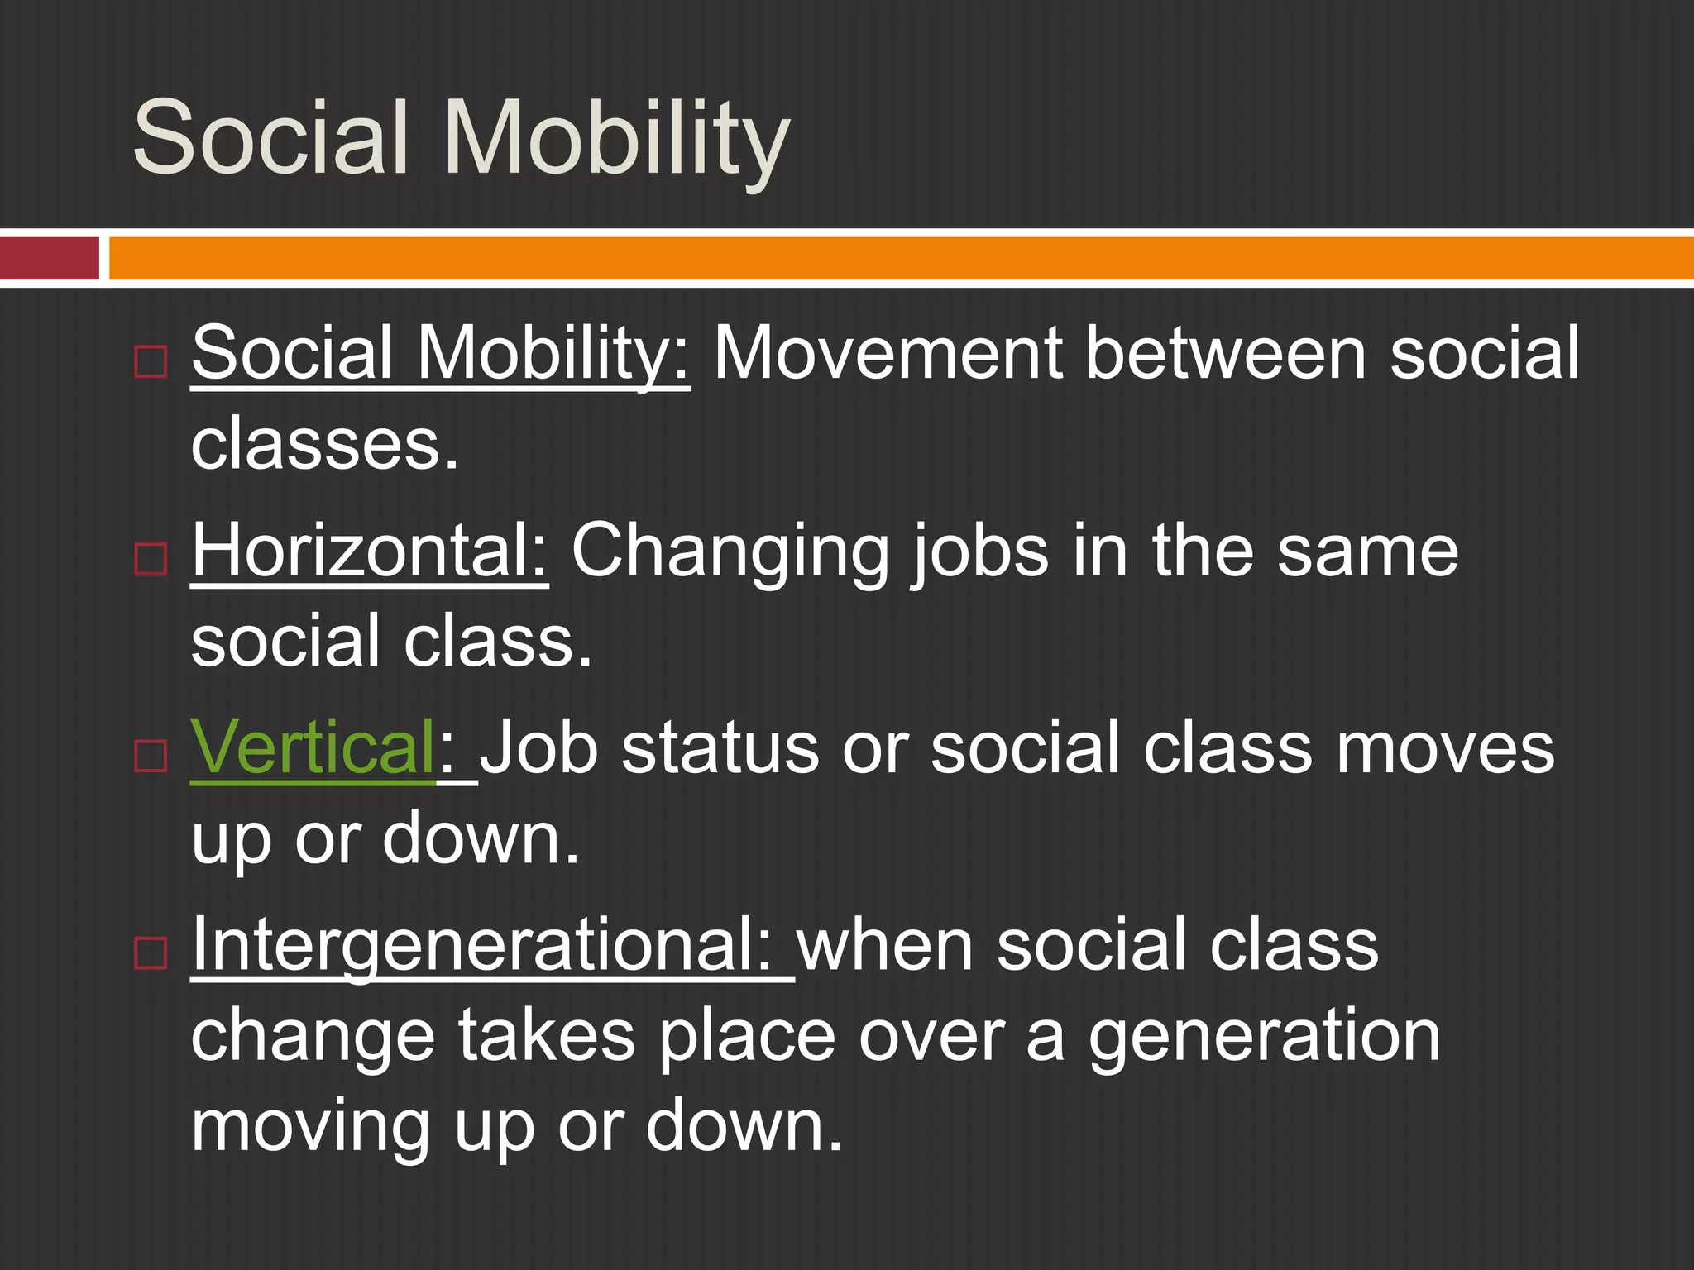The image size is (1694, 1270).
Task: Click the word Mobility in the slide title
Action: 617,139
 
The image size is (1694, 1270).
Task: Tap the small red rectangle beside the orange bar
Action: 49,258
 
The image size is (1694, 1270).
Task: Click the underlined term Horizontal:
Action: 369,551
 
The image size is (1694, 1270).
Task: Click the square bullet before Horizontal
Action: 151,560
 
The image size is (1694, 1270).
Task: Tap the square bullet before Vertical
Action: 151,755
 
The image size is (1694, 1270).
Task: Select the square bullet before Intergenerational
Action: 151,952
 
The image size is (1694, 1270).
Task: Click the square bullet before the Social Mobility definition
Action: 151,362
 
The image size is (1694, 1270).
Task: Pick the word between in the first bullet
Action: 1225,353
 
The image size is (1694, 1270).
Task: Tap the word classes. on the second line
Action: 324,445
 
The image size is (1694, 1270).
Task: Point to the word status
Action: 720,748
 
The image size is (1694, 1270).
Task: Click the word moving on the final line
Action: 310,1128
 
